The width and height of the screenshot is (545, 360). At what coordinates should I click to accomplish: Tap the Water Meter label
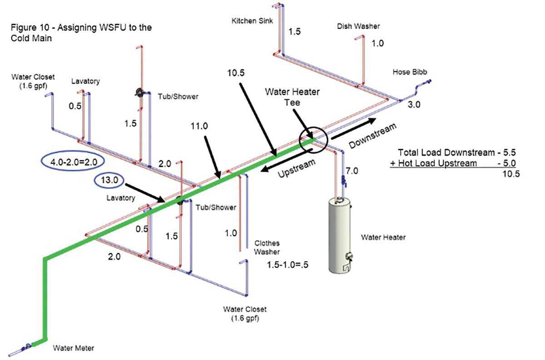tap(73, 349)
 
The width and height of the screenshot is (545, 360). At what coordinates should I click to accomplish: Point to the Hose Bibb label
tap(411, 72)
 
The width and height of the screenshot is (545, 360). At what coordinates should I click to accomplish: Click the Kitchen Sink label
tap(251, 21)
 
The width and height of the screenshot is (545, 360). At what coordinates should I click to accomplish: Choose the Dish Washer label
tap(358, 27)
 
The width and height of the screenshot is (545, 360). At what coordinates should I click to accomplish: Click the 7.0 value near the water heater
tap(352, 171)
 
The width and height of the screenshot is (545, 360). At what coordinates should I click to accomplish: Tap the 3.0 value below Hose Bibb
tap(414, 105)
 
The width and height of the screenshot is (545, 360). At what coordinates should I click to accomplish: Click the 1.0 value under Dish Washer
tap(377, 44)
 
